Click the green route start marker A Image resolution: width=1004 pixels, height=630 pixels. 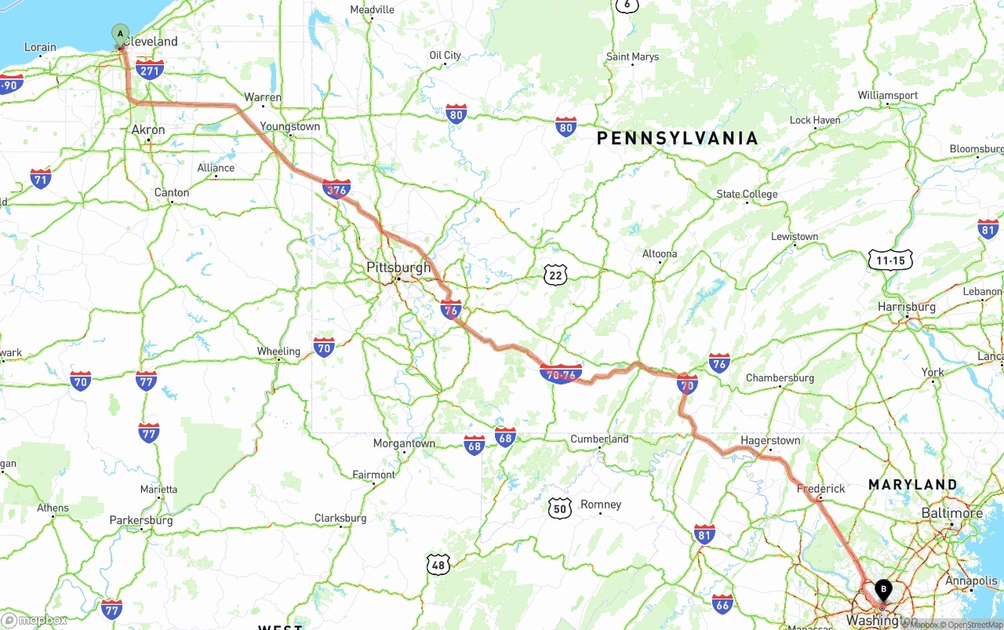point(120,35)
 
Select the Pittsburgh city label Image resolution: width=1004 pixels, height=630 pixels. point(398,268)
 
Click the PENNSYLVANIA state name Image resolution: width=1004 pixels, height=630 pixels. point(677,139)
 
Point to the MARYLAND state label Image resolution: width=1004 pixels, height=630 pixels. point(912,485)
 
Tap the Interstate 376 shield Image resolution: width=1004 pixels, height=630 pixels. point(336,189)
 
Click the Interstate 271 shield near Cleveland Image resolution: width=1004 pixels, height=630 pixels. point(149,70)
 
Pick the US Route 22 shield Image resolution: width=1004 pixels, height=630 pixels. point(556,275)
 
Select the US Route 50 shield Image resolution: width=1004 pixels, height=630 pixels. point(560,508)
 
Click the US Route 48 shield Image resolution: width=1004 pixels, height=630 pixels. point(438,563)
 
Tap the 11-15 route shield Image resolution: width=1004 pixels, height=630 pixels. point(890,260)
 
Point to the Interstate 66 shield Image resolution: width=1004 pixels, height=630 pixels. point(722,603)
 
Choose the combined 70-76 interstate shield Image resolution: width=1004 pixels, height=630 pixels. point(561,373)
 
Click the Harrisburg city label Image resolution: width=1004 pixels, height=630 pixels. point(907,307)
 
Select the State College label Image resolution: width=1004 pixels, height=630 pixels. point(747,195)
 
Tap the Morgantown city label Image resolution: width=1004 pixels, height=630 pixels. point(404,443)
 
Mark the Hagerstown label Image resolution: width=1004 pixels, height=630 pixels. point(770,441)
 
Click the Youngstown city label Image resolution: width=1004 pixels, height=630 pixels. point(290,126)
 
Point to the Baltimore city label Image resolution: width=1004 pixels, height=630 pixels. point(952,513)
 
